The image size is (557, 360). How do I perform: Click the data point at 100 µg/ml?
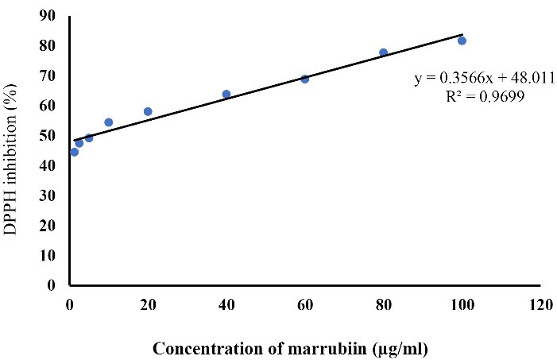click(x=462, y=41)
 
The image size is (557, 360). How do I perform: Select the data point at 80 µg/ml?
click(x=383, y=52)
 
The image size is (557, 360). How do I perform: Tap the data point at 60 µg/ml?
click(x=304, y=79)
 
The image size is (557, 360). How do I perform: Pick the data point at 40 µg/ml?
click(x=226, y=94)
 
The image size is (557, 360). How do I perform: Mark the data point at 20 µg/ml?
click(x=148, y=111)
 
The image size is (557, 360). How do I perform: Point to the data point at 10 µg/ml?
click(x=108, y=122)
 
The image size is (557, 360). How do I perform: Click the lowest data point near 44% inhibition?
click(x=74, y=152)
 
